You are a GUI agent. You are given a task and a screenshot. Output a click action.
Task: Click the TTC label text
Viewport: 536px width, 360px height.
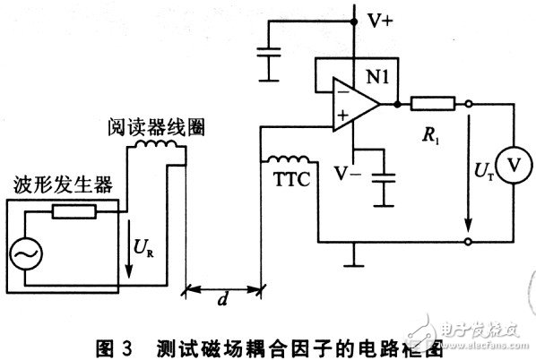[x=290, y=178]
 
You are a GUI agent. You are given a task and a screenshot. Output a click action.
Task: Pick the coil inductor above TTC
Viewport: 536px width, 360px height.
[x=282, y=160]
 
